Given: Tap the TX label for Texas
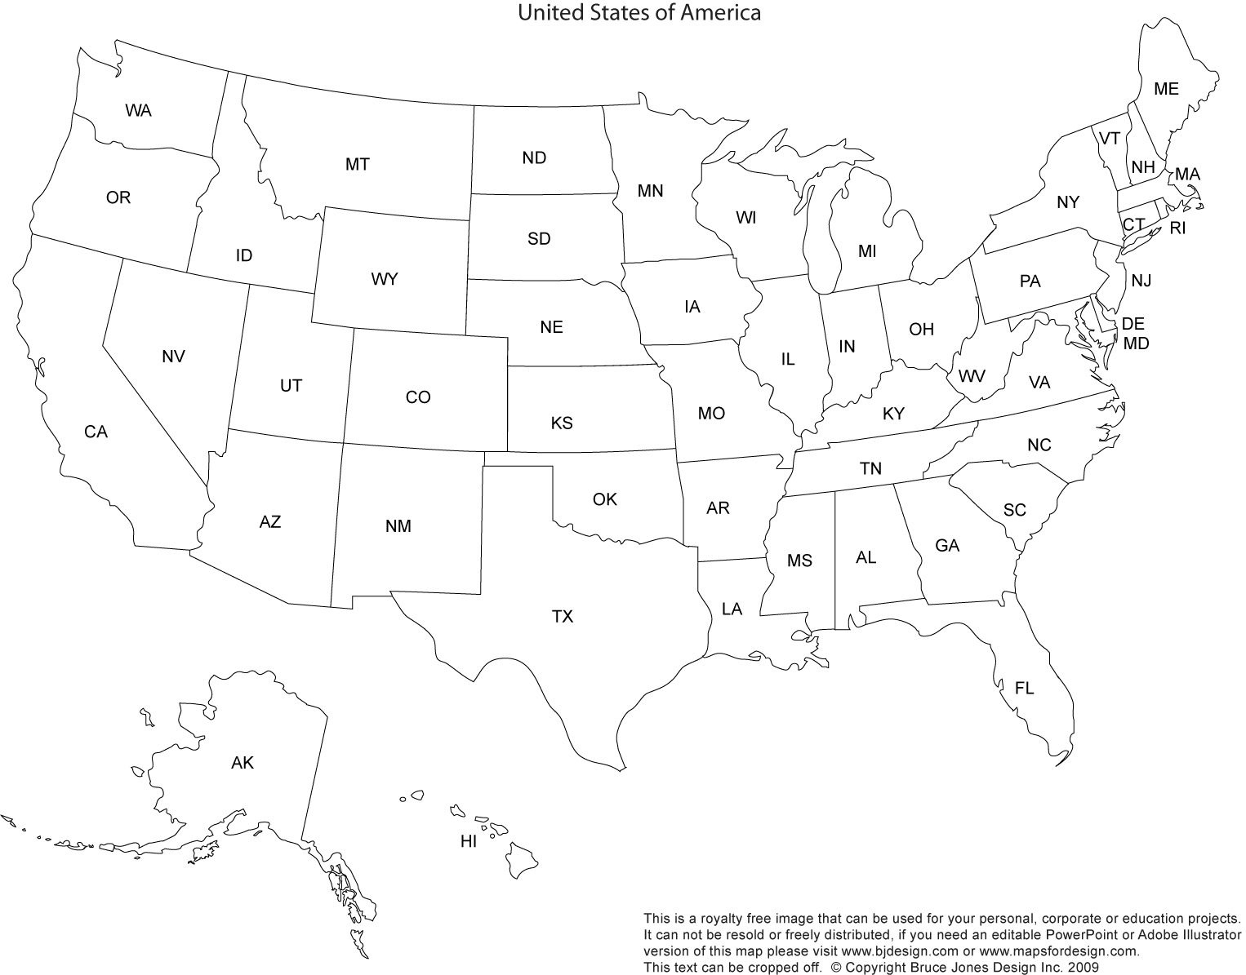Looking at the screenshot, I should tap(562, 617).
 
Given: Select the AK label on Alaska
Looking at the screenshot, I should tap(243, 763).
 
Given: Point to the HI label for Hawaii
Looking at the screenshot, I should tap(469, 842).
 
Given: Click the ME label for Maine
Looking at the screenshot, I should tap(1166, 89).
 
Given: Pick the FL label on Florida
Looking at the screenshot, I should tap(1024, 689).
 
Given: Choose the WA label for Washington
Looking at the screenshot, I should tap(139, 110).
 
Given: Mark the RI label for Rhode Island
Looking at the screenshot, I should tap(1177, 228).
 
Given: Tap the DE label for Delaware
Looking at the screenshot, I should tap(1133, 324).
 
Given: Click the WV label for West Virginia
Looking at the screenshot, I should tap(972, 376).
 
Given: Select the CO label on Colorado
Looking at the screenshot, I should tap(418, 397).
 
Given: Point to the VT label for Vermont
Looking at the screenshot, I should tap(1109, 139).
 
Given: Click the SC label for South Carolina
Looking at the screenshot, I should tap(1014, 510).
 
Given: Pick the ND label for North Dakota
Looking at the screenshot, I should tap(534, 157).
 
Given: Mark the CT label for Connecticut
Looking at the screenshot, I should tap(1133, 224).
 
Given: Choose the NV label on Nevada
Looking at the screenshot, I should tap(173, 357).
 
